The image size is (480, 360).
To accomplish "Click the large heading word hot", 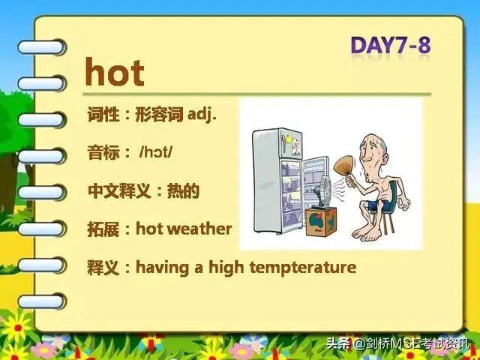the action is click(115, 72).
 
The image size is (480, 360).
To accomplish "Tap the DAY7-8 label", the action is click(391, 45).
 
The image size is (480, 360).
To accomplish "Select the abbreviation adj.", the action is click(202, 115).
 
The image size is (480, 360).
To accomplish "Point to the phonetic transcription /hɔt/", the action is click(156, 151).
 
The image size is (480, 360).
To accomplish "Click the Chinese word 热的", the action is click(183, 190).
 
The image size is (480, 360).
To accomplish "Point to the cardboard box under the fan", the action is click(321, 221).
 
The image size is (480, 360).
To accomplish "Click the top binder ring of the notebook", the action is click(42, 47).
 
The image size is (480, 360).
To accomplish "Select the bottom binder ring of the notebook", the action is click(42, 301).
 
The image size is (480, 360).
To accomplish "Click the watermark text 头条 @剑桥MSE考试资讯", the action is click(397, 343).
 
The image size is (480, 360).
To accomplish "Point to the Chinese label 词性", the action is click(103, 115).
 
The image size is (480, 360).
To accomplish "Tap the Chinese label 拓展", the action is click(103, 229).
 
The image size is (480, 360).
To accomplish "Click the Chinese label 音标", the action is click(103, 152).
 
